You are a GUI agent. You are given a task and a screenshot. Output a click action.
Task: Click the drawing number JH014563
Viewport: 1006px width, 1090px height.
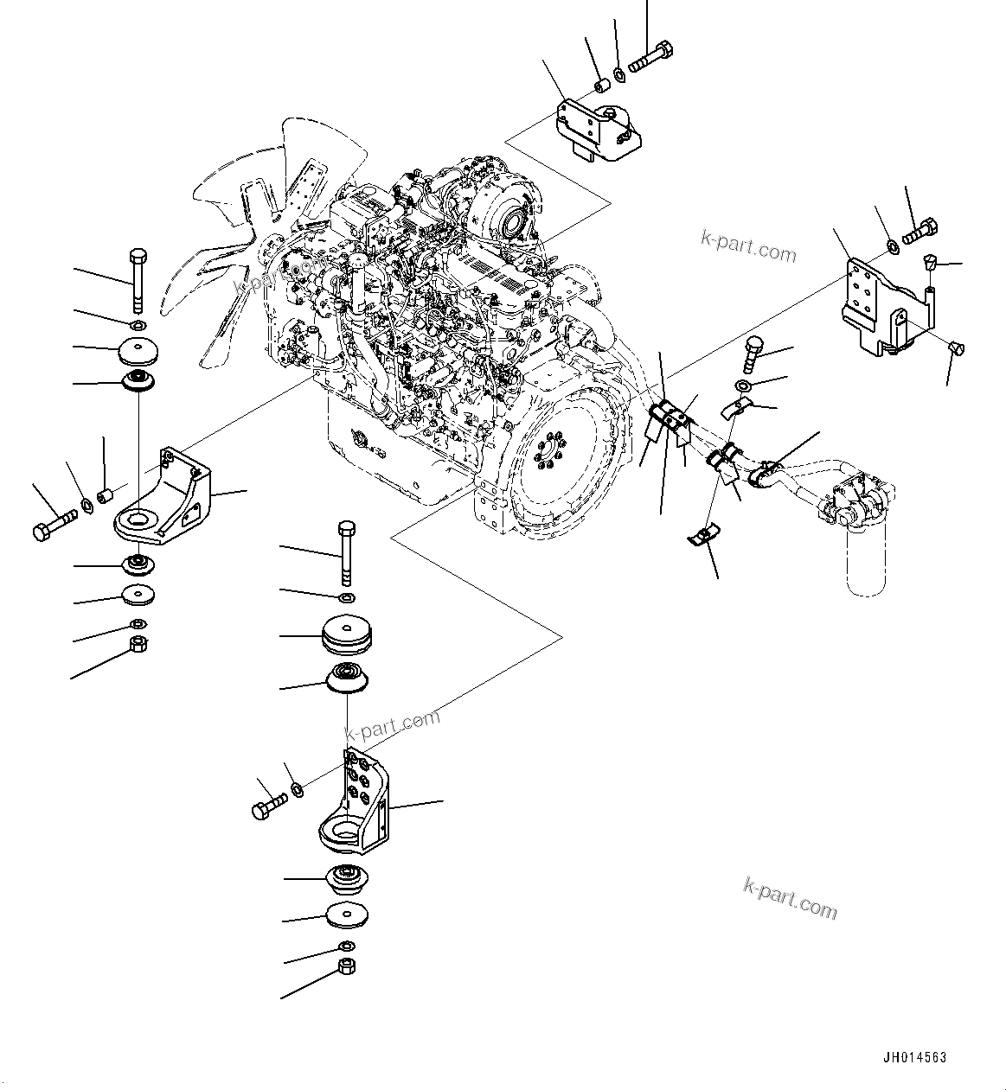(x=914, y=1057)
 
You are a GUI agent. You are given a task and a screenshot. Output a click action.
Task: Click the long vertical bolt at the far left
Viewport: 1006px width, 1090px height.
(x=138, y=281)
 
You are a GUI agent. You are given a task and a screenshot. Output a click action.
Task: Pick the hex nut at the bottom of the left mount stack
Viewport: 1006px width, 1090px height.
(x=137, y=644)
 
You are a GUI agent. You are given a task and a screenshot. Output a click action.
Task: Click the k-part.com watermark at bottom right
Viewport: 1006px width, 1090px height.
(x=789, y=898)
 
